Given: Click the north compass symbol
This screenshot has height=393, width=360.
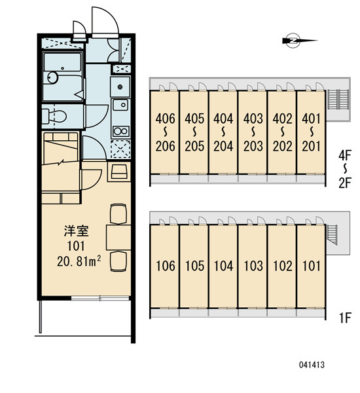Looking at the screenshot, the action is tap(299, 41).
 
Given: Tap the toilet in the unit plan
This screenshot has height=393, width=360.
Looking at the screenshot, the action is tap(54, 116).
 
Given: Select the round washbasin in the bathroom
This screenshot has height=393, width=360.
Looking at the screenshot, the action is tap(53, 77).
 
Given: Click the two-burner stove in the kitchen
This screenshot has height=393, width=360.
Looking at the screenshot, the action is tap(120, 131).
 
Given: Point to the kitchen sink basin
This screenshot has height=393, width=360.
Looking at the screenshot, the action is tap(120, 105).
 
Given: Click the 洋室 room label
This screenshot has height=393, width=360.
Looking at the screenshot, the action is tap(76, 231).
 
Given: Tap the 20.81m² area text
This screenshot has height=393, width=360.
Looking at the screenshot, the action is tap(79, 261).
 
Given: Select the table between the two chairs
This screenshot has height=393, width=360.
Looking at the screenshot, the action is tap(118, 237).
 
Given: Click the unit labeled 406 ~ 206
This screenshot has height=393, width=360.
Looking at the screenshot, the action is tap(164, 132).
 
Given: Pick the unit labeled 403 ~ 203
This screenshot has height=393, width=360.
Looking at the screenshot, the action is tap(252, 132).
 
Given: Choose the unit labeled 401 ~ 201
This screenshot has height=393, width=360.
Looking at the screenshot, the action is tap(311, 132).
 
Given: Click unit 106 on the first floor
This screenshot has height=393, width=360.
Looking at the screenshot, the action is tap(164, 266).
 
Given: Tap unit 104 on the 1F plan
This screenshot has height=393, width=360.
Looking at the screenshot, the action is tap(223, 266).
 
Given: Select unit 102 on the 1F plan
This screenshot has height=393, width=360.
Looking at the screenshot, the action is tap(281, 266).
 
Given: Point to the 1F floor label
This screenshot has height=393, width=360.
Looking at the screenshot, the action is tap(345, 318).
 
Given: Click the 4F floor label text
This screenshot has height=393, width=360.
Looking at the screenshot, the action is tap(345, 155).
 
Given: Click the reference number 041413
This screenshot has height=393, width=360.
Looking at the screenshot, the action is tap(312, 365).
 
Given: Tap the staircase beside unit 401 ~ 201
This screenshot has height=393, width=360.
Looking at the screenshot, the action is tap(338, 100).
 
